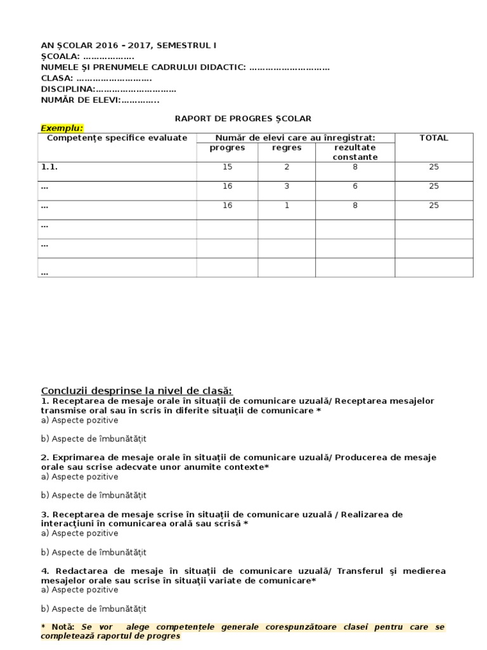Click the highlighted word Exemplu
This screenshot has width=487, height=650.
62,128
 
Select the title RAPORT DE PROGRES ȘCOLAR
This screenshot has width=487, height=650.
243,119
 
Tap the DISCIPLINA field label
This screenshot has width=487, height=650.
67,90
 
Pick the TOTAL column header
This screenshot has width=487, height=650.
434,138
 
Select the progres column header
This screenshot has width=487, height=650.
227,148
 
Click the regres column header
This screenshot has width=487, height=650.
287,148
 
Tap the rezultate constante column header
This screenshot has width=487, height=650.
355,152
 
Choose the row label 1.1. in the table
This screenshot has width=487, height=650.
49,167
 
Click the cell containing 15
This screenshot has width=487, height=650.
227,167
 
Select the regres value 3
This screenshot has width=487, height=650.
287,187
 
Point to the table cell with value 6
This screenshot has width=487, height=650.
355,187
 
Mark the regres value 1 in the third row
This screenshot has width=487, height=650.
287,206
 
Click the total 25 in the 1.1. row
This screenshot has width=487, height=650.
434,167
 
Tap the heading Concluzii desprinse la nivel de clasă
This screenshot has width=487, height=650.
136,390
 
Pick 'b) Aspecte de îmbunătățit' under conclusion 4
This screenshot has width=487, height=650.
94,609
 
